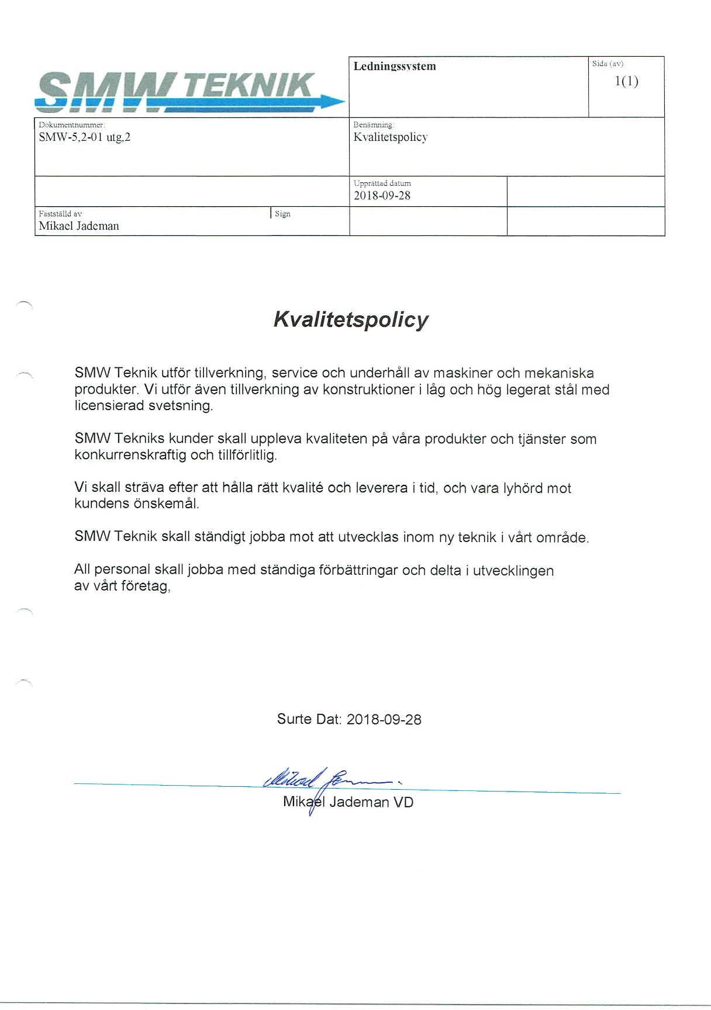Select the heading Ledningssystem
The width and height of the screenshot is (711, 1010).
click(x=395, y=66)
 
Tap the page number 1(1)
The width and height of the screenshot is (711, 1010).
click(x=626, y=81)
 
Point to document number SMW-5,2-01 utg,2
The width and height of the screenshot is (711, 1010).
click(x=84, y=137)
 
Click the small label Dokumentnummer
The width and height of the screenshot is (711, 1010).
click(x=71, y=124)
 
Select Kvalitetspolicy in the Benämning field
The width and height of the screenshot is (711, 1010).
click(x=391, y=137)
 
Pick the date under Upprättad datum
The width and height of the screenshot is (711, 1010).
click(x=382, y=196)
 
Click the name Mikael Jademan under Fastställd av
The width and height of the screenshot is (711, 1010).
click(x=79, y=226)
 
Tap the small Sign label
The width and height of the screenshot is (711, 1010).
click(x=282, y=214)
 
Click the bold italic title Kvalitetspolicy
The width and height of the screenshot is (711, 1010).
click(x=351, y=320)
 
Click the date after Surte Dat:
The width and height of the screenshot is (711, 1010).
click(x=384, y=719)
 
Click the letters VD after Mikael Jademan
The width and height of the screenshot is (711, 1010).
click(x=403, y=802)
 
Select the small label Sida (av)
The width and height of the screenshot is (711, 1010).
click(x=608, y=64)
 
